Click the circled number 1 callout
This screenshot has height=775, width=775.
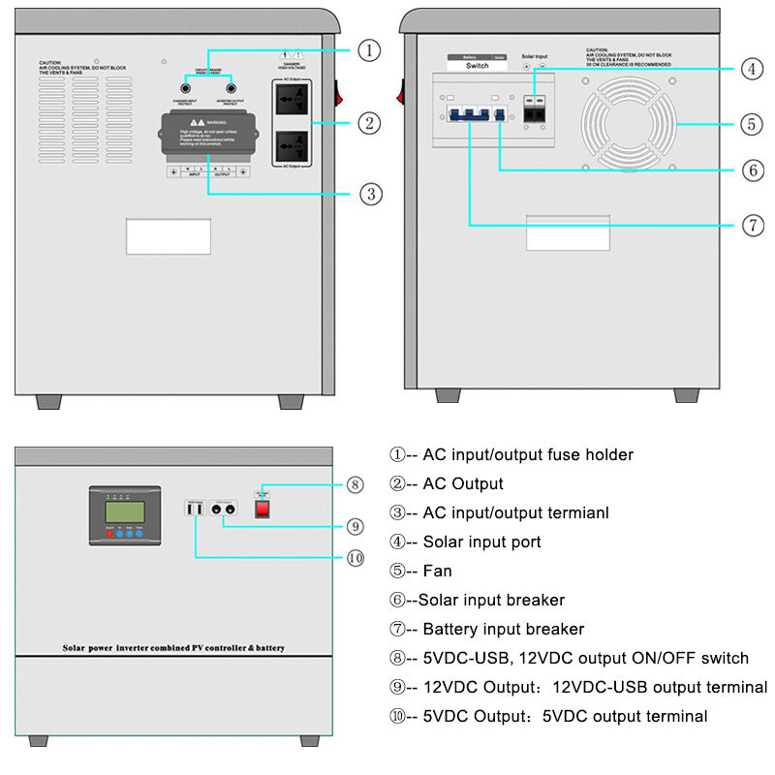click(x=368, y=49)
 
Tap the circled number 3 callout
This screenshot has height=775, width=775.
click(x=368, y=194)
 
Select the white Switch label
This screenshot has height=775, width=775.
click(x=477, y=66)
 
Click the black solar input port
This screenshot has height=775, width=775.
click(x=534, y=110)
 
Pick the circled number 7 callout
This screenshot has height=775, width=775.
click(x=752, y=226)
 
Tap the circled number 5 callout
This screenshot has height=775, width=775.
click(x=752, y=124)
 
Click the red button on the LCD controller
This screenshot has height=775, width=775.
click(x=108, y=534)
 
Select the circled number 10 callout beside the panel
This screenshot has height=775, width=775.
click(x=356, y=557)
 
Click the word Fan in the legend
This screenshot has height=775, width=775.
click(x=437, y=571)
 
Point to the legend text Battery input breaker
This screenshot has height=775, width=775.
click(x=503, y=629)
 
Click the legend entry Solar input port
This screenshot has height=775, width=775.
click(x=481, y=542)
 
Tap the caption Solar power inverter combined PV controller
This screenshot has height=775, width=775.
click(x=173, y=647)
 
